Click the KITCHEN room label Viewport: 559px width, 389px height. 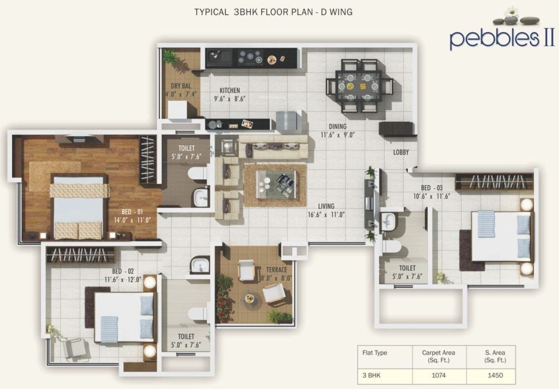coord(230,90)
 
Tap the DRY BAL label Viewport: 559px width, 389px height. coord(181,86)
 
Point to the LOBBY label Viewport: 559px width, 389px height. coord(401,152)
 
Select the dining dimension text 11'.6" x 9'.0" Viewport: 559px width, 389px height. coord(337,135)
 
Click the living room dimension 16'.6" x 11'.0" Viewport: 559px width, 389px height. coord(326,214)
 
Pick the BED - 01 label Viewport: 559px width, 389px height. coord(132,212)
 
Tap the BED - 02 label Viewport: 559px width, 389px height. coord(123,271)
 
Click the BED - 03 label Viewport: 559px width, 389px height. coord(431,188)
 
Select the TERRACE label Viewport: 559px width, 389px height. coord(276,270)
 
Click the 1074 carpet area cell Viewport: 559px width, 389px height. coord(438,375)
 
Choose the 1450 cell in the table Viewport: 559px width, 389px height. coord(495,375)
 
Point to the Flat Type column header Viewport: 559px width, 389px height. coord(375,353)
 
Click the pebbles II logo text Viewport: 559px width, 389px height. coord(502,39)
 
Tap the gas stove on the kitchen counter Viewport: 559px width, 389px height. coord(250,58)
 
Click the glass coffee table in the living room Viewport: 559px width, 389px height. coord(277,185)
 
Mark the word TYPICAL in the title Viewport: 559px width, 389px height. coord(211,12)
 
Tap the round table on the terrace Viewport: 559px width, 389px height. coord(250,298)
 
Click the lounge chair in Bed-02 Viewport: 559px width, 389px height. coord(76,349)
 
